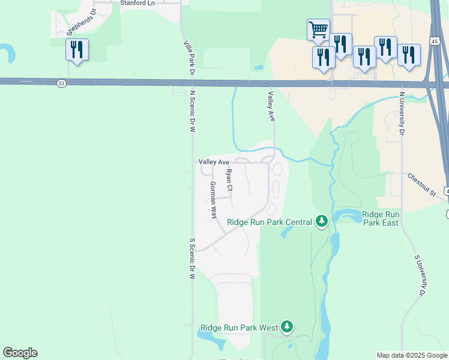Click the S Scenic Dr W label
tap(193, 259)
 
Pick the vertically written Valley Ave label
tap(271, 107)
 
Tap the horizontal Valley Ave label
tap(214, 162)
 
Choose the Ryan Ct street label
tap(229, 181)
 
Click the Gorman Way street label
tap(212, 200)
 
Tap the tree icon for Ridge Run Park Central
tap(322, 222)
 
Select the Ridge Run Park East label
tap(381, 218)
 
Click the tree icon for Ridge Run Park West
tap(288, 327)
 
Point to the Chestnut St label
tap(421, 185)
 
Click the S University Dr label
tap(420, 275)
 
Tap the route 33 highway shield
tap(62, 83)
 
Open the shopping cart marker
tap(318, 29)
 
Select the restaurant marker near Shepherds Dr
tap(77, 49)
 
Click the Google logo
tap(20, 353)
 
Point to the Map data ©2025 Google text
tap(412, 355)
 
